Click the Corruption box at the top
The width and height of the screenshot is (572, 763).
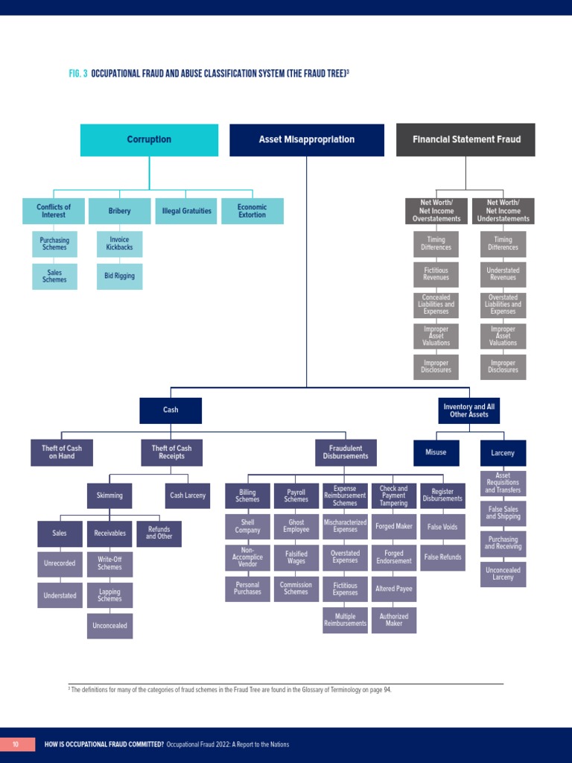click(x=149, y=140)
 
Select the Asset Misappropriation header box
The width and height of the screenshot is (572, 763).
click(x=307, y=140)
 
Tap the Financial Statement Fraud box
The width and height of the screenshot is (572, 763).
click(x=465, y=140)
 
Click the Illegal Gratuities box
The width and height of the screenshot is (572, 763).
click(x=186, y=211)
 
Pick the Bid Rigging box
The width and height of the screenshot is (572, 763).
click(x=119, y=276)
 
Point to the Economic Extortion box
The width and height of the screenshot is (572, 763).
click(x=252, y=211)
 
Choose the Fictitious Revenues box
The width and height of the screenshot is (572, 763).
click(x=436, y=274)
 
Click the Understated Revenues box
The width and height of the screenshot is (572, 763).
click(x=503, y=274)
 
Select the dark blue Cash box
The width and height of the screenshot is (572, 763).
click(x=171, y=410)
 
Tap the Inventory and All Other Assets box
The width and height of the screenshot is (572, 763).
click(x=469, y=411)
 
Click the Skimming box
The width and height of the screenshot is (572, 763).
click(x=109, y=496)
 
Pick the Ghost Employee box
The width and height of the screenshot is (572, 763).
click(x=296, y=527)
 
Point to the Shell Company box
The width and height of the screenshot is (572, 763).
click(x=247, y=527)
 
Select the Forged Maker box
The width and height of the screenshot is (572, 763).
click(x=394, y=527)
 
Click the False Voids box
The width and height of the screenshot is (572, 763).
click(x=442, y=527)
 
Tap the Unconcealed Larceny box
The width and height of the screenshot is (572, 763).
click(x=503, y=574)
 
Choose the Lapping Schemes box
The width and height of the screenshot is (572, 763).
click(x=109, y=595)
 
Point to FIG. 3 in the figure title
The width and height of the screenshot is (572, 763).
click(x=77, y=74)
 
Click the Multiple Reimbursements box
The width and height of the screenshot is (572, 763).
click(x=345, y=620)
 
